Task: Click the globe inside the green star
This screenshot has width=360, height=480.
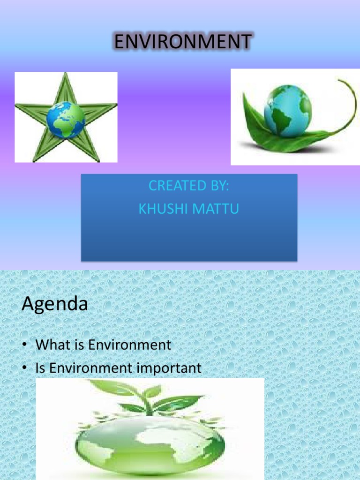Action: pos(66,120)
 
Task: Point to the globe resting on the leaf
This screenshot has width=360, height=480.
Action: pos(287,111)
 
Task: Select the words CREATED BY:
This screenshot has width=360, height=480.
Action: pos(188,186)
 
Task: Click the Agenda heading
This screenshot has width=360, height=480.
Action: pos(54,305)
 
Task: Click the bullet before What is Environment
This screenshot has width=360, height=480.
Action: pos(24,346)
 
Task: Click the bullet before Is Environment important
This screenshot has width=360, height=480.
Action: pos(24,368)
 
